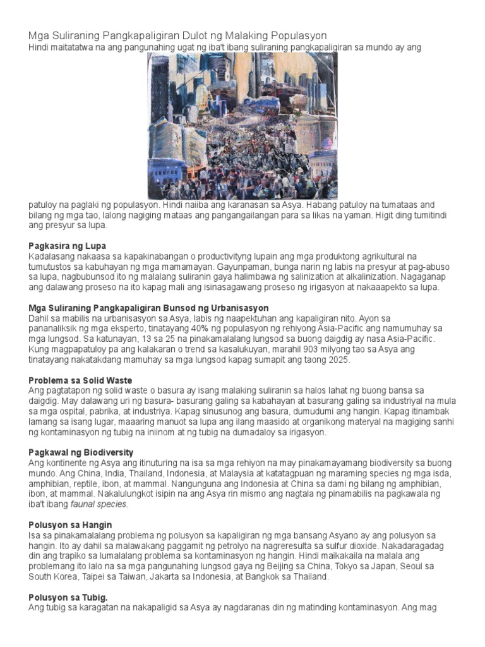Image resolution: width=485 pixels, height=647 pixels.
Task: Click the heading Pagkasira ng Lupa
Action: [68, 245]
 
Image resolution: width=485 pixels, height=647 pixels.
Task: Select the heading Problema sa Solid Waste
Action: [80, 380]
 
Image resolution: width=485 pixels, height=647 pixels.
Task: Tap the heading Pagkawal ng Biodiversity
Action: [81, 452]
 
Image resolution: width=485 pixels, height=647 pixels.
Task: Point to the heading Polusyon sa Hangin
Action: [70, 524]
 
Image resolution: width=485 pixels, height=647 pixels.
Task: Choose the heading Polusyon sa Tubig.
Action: [68, 597]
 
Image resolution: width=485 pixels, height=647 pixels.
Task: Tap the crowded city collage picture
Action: [242, 126]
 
